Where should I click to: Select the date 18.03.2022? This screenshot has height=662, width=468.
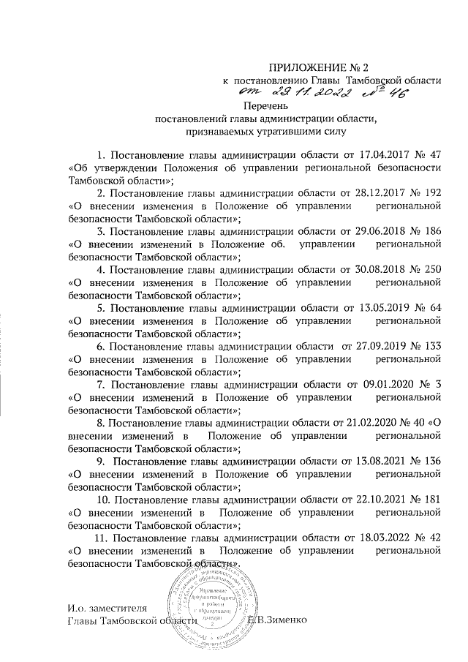(x=385, y=537)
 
